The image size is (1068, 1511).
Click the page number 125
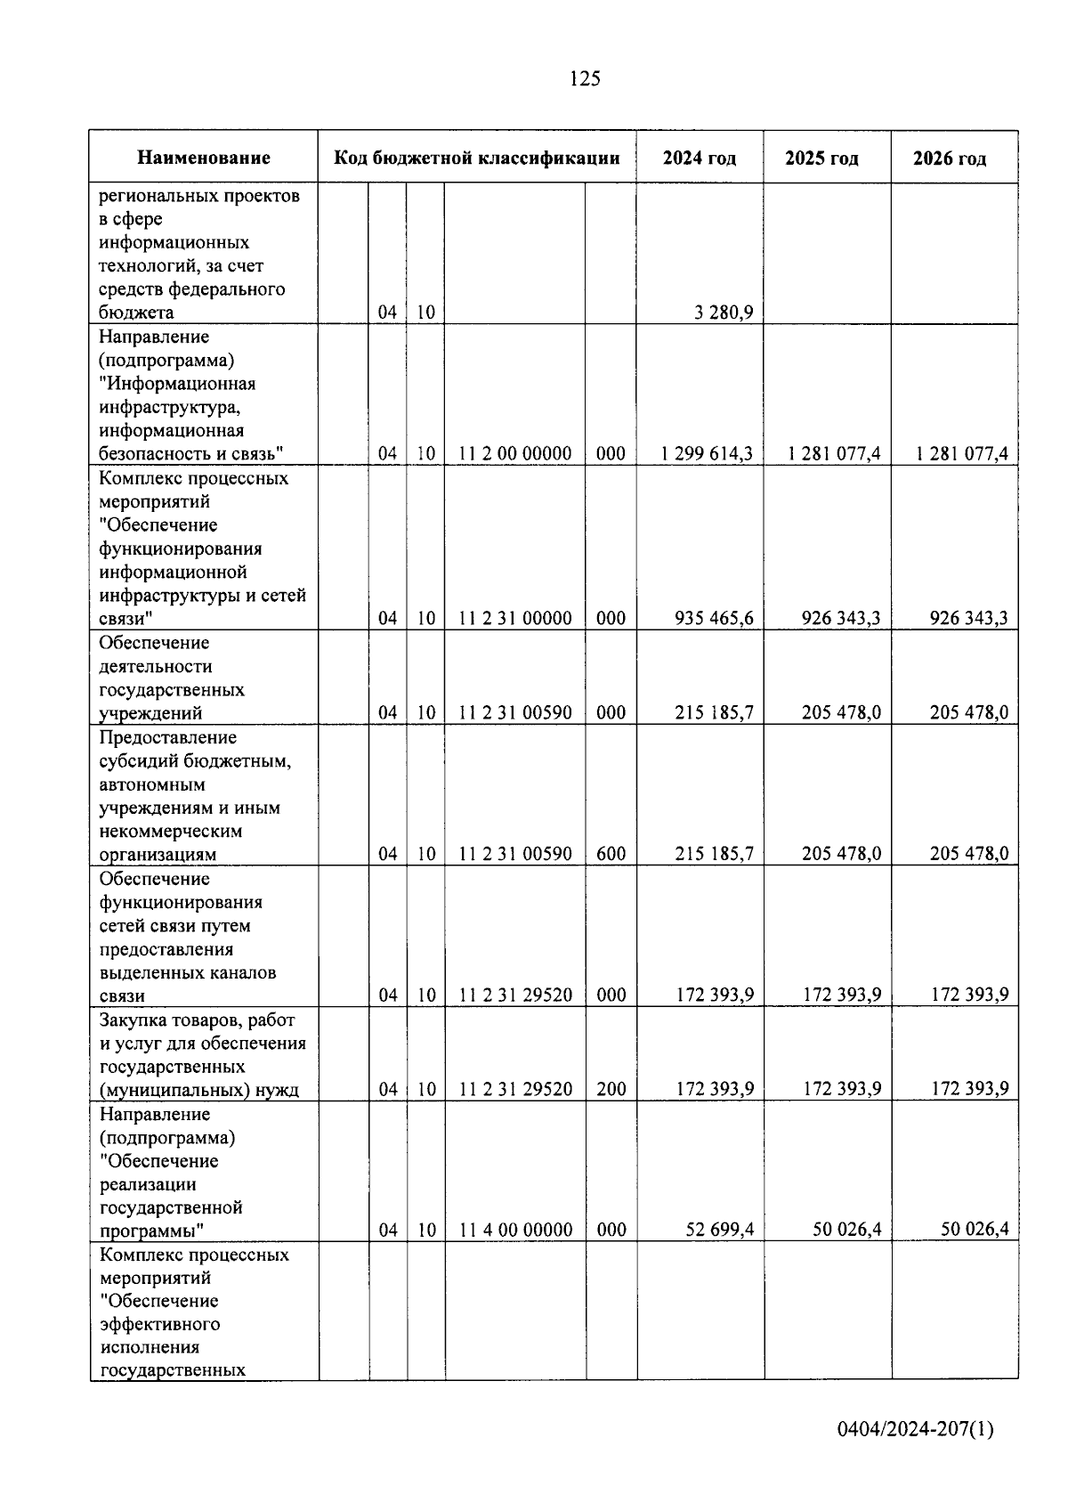tap(585, 79)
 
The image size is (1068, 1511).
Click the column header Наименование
tap(204, 158)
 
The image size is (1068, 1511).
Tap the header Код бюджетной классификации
tap(477, 158)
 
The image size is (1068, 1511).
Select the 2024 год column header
tap(700, 158)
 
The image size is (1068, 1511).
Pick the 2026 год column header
tap(950, 159)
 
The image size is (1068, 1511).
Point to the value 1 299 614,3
tap(707, 453)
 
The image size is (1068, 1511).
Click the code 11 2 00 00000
tap(515, 453)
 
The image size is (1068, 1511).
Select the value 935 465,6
tap(714, 618)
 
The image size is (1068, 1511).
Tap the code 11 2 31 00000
tap(515, 618)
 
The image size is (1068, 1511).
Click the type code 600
tap(611, 854)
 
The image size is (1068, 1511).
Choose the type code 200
tap(611, 1089)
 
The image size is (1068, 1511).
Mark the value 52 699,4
tap(720, 1230)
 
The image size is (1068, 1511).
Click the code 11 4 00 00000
tap(515, 1230)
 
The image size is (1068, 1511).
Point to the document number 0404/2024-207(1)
tap(916, 1431)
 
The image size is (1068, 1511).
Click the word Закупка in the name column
tap(134, 1020)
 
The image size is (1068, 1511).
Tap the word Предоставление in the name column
tap(168, 738)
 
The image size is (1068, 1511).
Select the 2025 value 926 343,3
tap(840, 618)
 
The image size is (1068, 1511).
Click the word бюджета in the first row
tap(136, 313)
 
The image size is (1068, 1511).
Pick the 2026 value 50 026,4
tap(975, 1230)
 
